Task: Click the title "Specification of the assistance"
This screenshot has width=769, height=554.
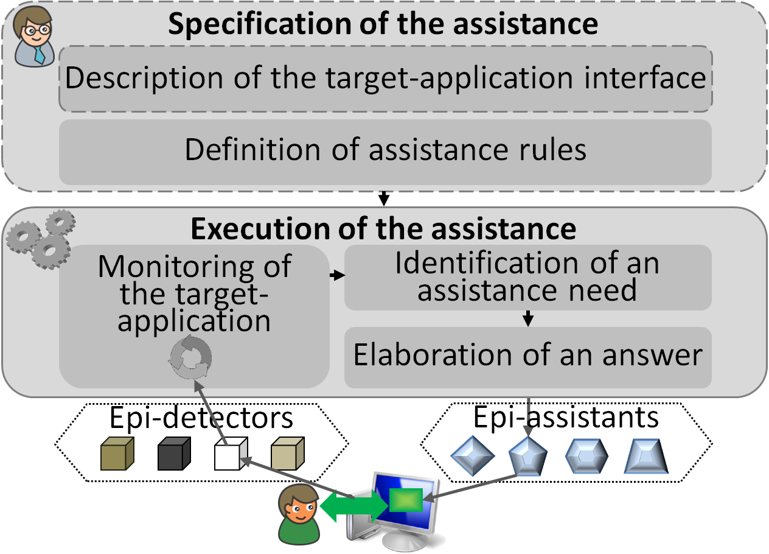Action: tap(383, 24)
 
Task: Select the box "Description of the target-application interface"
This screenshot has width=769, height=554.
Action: tap(385, 79)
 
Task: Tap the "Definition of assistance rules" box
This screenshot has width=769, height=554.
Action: tap(385, 150)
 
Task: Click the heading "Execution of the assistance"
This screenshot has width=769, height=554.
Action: tap(383, 229)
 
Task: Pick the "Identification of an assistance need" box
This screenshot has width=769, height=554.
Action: tap(527, 277)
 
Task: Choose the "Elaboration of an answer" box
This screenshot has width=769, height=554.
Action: tap(527, 356)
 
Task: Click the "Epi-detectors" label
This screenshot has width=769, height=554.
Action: tap(201, 418)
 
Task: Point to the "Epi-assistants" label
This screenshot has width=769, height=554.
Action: tap(566, 417)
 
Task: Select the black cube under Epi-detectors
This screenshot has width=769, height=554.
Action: tap(175, 454)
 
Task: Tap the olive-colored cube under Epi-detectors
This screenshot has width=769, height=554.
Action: tap(117, 454)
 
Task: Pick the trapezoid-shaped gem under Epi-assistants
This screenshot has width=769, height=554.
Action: tap(645, 457)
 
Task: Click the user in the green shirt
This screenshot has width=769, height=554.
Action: tap(298, 517)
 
